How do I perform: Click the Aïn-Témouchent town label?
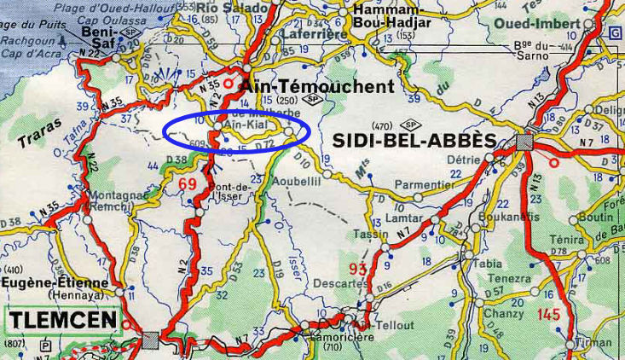[x=317, y=86]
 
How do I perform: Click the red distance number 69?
[x=188, y=183]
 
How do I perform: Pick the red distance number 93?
[x=358, y=270]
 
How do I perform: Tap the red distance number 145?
[x=549, y=315]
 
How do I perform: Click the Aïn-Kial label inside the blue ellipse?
[x=244, y=126]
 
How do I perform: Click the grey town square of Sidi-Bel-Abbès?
[x=524, y=142]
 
